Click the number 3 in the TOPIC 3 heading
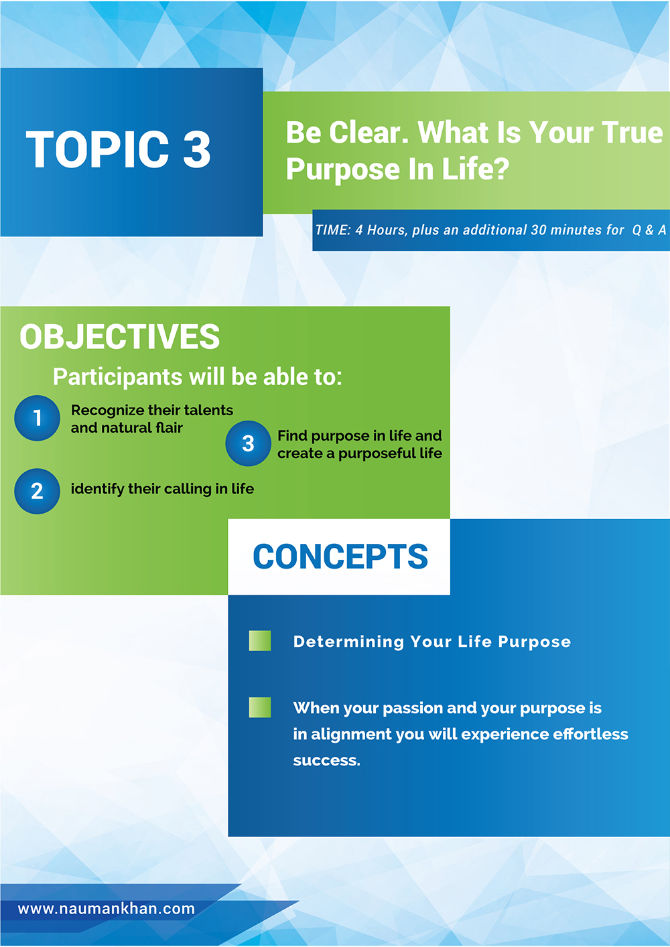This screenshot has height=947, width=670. (197, 149)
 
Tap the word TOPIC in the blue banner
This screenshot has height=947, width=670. (97, 149)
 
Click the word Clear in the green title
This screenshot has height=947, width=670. (369, 133)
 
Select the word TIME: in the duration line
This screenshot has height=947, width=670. (333, 230)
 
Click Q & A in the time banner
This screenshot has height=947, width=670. (649, 230)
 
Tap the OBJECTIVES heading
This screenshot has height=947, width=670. (120, 336)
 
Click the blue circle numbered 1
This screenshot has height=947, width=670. (38, 418)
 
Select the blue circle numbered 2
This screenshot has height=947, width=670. (38, 492)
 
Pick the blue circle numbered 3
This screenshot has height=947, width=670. (249, 443)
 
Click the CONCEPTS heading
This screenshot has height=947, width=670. (340, 557)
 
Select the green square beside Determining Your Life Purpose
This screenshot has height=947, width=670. (260, 641)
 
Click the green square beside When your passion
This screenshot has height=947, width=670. (260, 707)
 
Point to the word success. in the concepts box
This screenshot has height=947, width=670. (326, 761)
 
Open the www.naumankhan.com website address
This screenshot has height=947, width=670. (106, 909)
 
